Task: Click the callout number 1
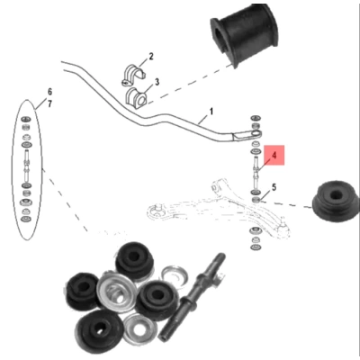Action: (x=211, y=112)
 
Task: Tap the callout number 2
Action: (x=151, y=56)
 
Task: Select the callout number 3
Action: (x=157, y=82)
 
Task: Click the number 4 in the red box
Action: (x=274, y=156)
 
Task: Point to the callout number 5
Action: (x=274, y=187)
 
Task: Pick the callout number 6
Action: (x=49, y=91)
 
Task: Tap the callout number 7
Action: (x=49, y=103)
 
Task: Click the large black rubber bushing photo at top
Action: (x=246, y=33)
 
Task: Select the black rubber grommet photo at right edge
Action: (x=336, y=202)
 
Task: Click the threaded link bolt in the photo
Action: (x=192, y=297)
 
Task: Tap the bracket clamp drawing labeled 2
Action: (x=132, y=75)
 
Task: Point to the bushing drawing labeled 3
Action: (x=137, y=98)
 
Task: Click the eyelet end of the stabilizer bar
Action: (x=256, y=133)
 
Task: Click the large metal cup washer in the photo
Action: (x=114, y=291)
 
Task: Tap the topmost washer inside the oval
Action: (x=26, y=119)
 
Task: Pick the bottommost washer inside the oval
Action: (x=26, y=219)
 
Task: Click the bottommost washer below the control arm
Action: (x=256, y=247)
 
